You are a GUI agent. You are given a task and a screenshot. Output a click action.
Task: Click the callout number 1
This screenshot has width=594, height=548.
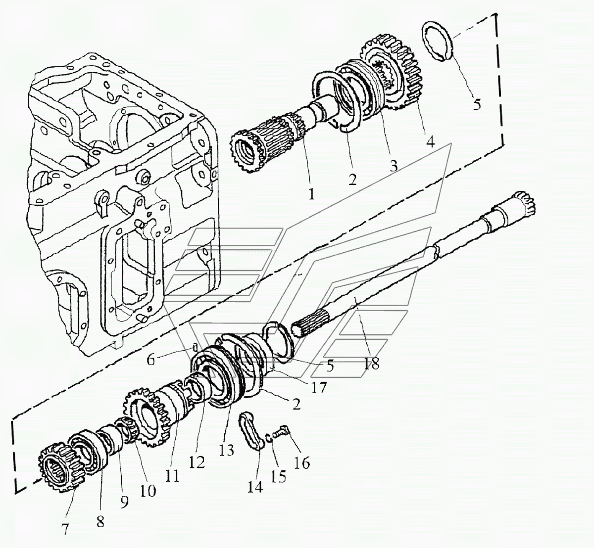pyautogui.click(x=311, y=195)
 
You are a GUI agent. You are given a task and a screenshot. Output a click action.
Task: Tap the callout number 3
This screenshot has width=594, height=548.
pyautogui.click(x=394, y=166)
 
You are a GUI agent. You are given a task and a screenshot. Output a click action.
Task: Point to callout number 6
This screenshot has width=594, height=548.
pyautogui.click(x=151, y=360)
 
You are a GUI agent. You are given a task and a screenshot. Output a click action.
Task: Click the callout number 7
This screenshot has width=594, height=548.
pyautogui.click(x=65, y=529)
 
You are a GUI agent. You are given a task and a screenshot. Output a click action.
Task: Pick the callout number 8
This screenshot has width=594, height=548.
pyautogui.click(x=100, y=522)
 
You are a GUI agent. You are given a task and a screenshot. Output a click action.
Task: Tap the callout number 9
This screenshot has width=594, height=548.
pyautogui.click(x=124, y=502)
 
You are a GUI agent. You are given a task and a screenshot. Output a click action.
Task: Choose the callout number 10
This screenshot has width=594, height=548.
pyautogui.click(x=148, y=491)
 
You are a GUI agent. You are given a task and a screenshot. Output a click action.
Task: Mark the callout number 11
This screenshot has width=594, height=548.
pyautogui.click(x=172, y=476)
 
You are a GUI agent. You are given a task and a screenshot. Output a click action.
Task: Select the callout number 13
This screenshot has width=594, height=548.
pyautogui.click(x=226, y=450)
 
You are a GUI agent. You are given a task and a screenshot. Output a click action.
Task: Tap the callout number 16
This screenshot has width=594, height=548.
pyautogui.click(x=302, y=463)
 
